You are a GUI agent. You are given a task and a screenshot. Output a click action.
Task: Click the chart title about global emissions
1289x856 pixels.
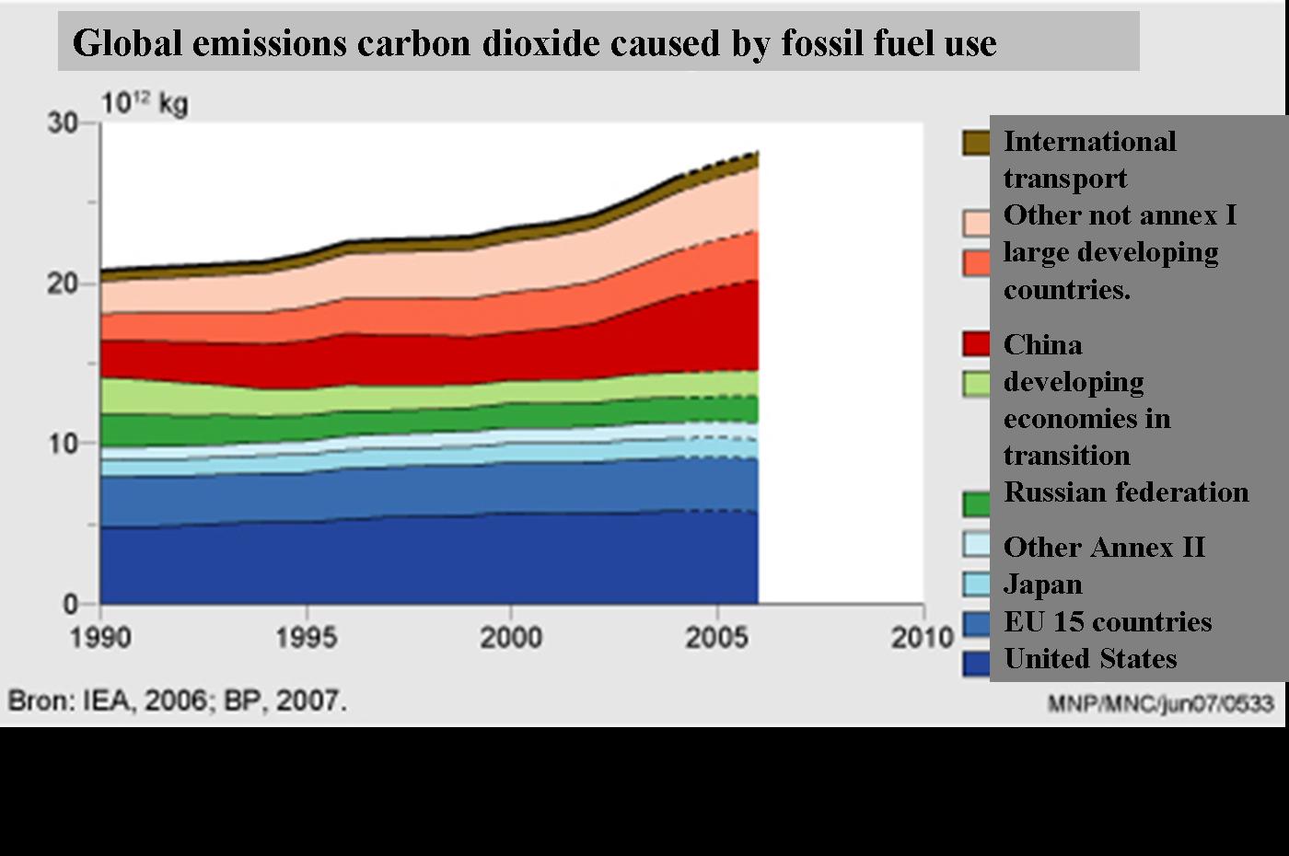(x=534, y=42)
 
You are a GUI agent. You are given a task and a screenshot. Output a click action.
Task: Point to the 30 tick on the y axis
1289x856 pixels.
(x=63, y=122)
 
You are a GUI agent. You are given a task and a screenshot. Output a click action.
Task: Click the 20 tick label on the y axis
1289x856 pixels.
(x=63, y=283)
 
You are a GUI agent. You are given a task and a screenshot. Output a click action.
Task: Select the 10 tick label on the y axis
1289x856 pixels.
(x=63, y=444)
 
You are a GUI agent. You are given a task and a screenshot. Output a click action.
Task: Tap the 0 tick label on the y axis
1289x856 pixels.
(x=71, y=605)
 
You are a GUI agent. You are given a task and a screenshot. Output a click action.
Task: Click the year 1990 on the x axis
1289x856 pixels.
(x=100, y=637)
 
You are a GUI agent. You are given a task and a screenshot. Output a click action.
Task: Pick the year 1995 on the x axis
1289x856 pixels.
(x=306, y=637)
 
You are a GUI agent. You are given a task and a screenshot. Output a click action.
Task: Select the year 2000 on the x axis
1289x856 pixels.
(x=511, y=637)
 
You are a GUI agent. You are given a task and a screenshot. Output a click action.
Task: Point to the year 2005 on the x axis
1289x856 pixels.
(x=716, y=637)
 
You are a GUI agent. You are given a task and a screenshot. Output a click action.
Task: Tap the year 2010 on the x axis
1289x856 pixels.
(x=922, y=637)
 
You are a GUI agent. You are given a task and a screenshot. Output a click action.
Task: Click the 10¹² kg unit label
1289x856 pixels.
(x=145, y=102)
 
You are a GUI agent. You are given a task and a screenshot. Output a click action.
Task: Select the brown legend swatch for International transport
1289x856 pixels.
(x=977, y=143)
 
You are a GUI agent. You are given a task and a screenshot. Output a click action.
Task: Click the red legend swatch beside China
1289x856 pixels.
(x=977, y=344)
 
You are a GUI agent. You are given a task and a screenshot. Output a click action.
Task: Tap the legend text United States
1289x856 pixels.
(x=1090, y=659)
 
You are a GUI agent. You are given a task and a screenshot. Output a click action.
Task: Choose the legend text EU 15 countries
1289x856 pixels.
(x=1108, y=622)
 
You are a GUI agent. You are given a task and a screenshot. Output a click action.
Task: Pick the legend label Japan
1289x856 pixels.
(x=1042, y=584)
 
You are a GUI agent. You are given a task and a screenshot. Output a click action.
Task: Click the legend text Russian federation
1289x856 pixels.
(x=1126, y=492)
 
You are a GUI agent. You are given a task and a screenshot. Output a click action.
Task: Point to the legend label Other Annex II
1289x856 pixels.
(x=1104, y=548)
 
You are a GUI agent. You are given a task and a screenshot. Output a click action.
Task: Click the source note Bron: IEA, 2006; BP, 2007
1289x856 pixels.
(x=178, y=700)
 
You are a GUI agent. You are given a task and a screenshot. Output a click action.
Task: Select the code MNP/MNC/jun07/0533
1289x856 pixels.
(x=1160, y=704)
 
